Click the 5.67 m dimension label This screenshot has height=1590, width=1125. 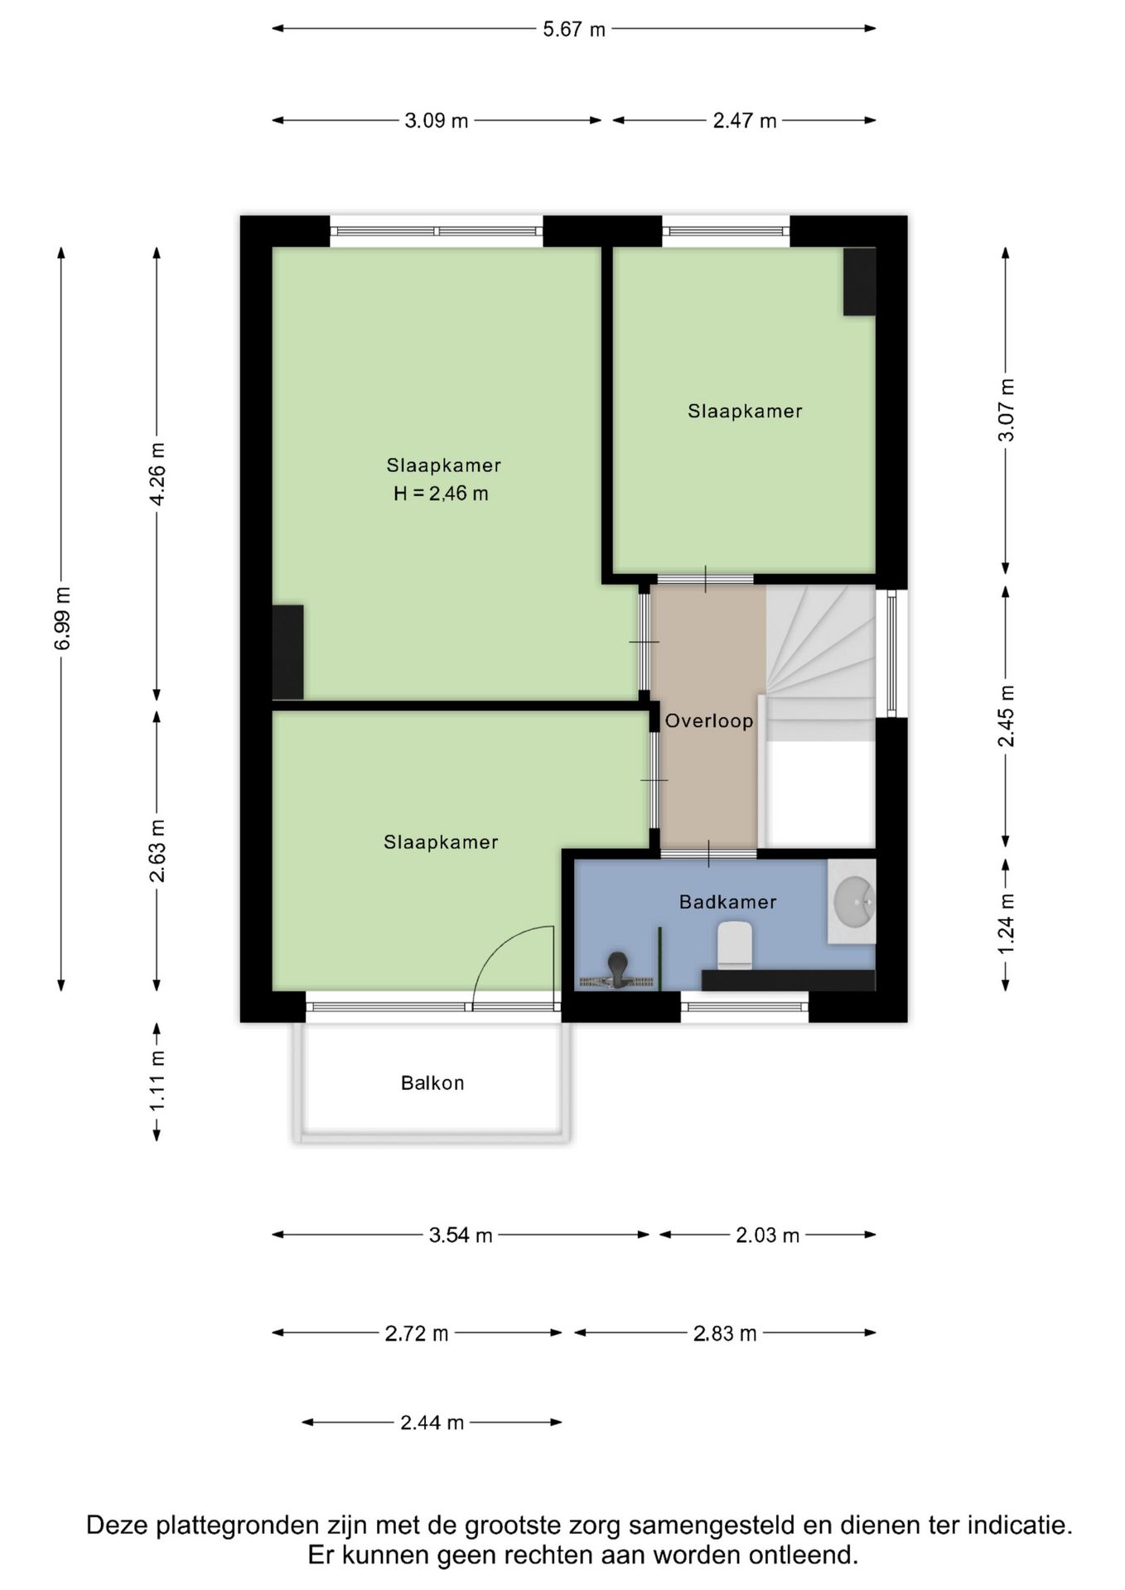[x=574, y=30]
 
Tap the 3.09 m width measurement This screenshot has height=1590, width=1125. [x=437, y=121]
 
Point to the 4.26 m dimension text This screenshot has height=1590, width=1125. [x=157, y=473]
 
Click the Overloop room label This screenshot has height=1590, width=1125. [x=709, y=720]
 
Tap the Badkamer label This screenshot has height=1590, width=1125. [x=728, y=902]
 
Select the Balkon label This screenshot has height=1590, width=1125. [x=432, y=1083]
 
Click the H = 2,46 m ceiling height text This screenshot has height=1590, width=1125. [x=441, y=494]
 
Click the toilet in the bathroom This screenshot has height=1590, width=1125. [x=734, y=945]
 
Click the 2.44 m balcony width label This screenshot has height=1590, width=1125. [x=432, y=1423]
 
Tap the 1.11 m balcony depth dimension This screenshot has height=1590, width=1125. [x=157, y=1082]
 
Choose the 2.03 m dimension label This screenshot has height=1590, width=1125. [x=768, y=1236]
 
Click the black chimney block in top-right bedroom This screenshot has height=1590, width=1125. [x=859, y=282]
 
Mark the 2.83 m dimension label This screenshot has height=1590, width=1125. [x=725, y=1333]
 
